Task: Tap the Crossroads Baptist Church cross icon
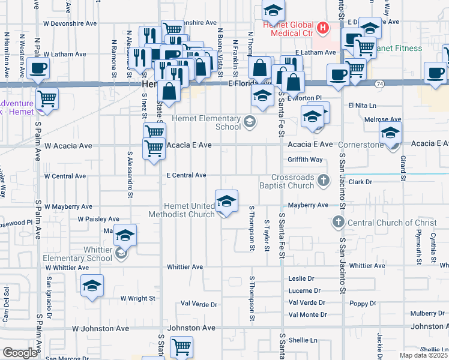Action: (x=324, y=180)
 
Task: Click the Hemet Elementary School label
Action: (x=206, y=122)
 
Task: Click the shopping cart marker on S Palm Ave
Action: (x=47, y=99)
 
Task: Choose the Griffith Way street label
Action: (x=305, y=160)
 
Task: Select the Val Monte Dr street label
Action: (x=307, y=314)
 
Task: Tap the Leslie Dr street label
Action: (x=301, y=279)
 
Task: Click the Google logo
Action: (x=19, y=353)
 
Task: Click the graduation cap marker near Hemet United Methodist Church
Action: (x=227, y=201)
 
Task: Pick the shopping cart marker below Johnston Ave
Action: (x=181, y=347)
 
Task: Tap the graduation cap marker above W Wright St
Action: (x=92, y=286)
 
